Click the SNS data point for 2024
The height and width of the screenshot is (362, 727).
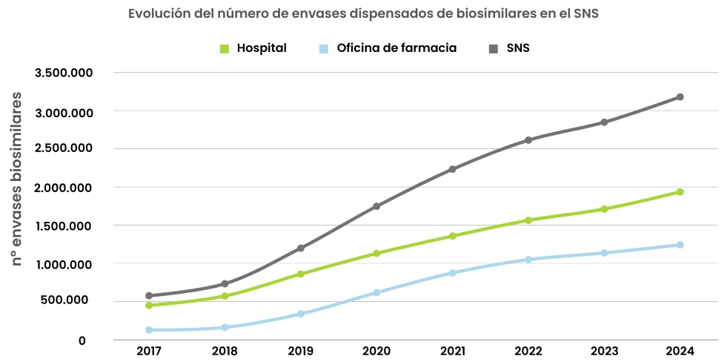tap(680, 97)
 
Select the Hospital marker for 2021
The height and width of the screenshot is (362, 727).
tap(452, 236)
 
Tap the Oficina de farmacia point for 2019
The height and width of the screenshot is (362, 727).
tap(300, 314)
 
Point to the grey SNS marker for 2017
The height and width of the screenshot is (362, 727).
tap(149, 296)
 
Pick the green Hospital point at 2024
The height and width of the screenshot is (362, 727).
tap(680, 192)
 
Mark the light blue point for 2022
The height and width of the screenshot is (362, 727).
tap(528, 260)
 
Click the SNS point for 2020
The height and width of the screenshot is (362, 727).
tap(376, 206)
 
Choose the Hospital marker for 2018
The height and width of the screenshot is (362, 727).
tap(225, 296)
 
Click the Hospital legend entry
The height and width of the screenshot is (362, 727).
tap(261, 48)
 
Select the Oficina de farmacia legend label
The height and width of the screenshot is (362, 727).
tap(396, 48)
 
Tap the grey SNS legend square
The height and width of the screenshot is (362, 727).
tap(494, 49)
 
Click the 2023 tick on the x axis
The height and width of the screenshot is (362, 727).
tap(604, 351)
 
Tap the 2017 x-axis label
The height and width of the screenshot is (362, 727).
tap(149, 351)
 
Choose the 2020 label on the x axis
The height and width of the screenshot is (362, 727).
tap(376, 351)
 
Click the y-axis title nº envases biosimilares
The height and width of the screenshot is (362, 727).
tap(16, 180)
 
